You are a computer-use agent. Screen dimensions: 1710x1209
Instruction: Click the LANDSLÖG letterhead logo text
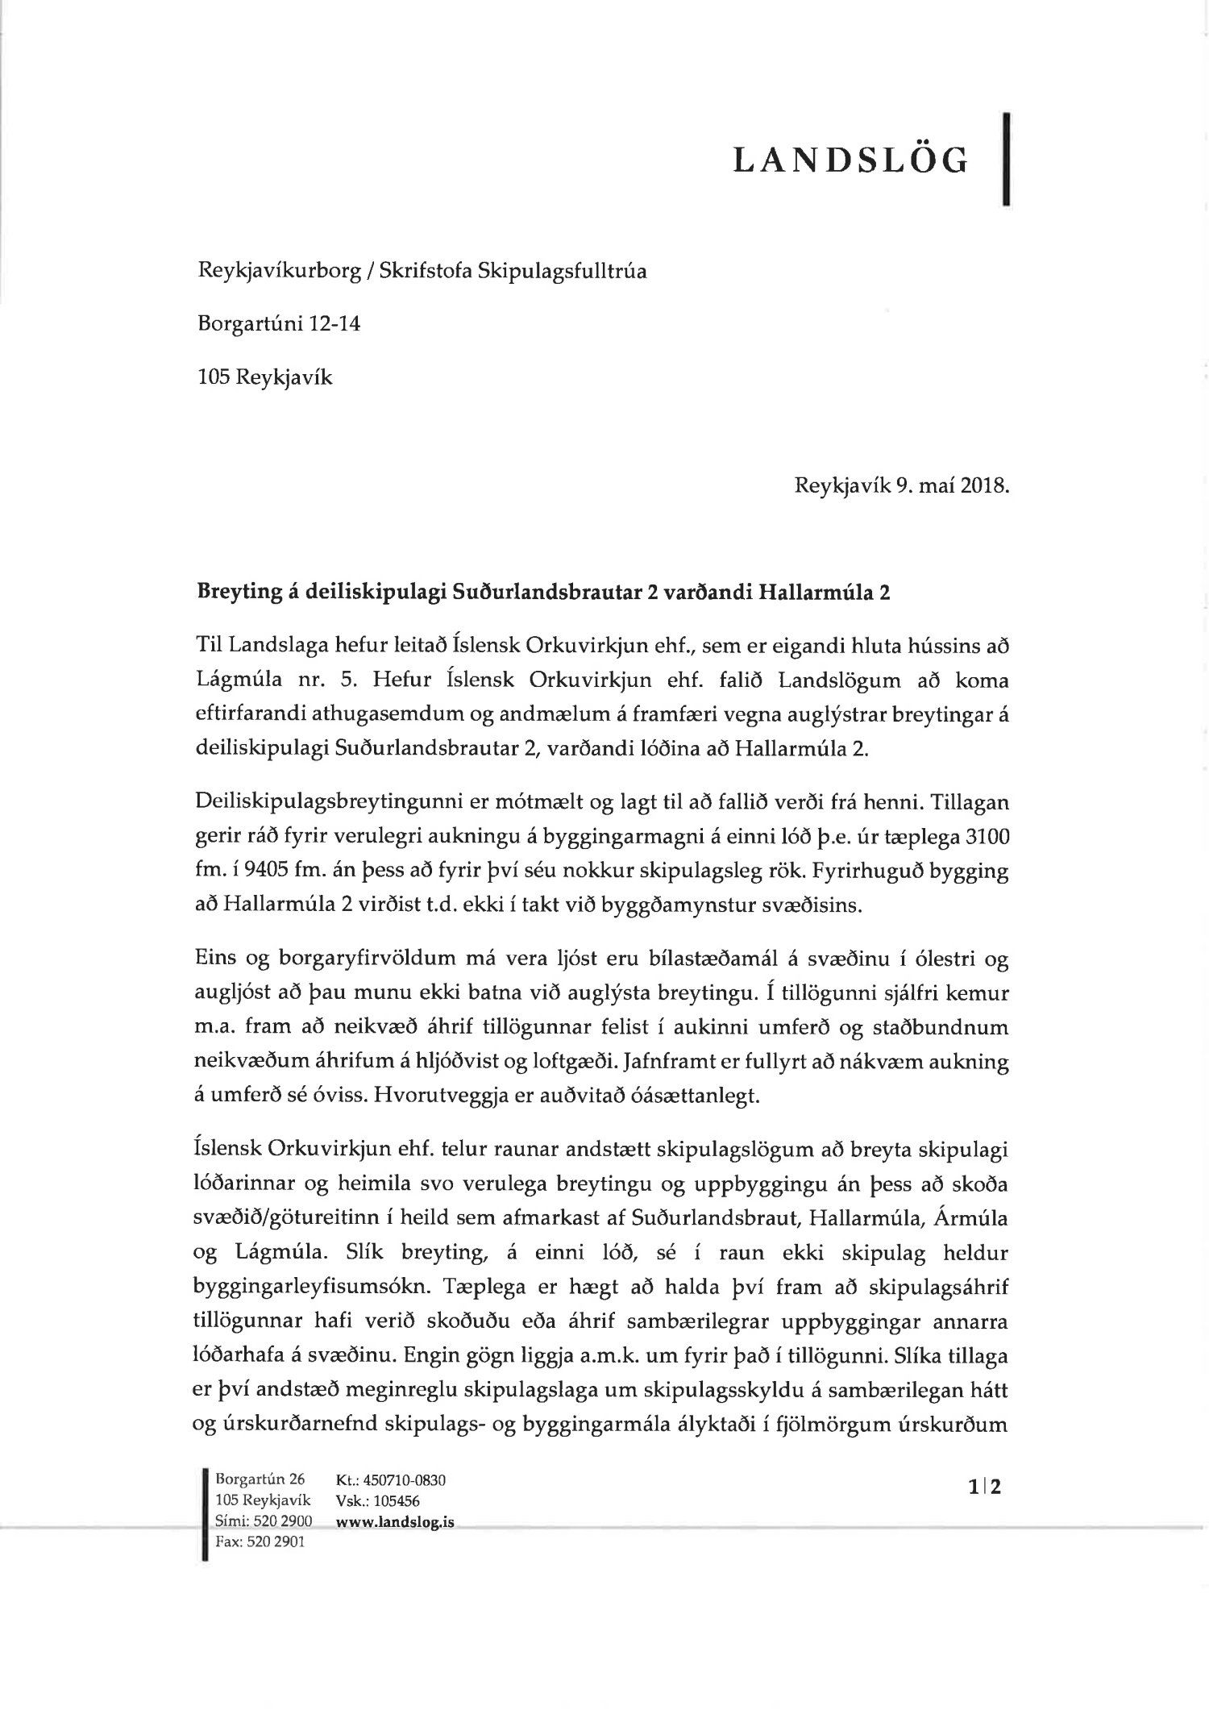tap(850, 162)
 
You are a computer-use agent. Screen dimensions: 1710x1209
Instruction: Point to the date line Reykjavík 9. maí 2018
tap(902, 487)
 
